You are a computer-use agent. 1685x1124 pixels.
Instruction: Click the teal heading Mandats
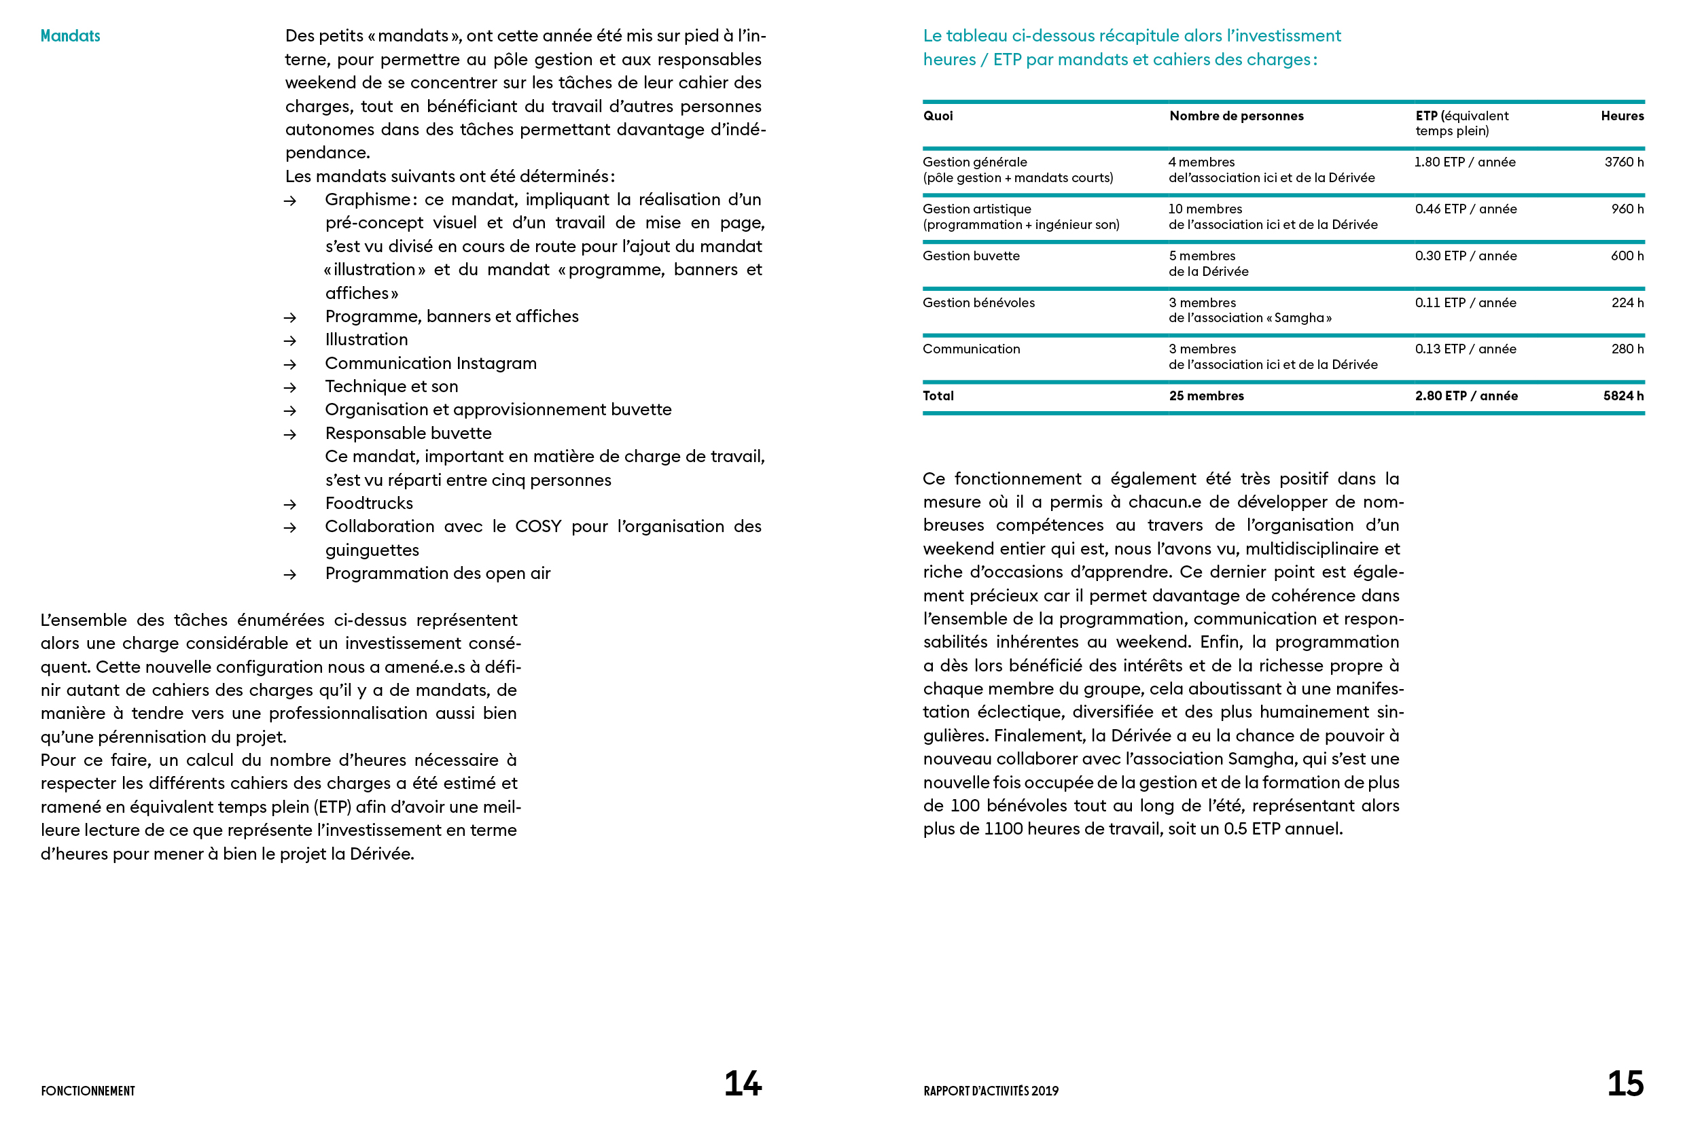[70, 36]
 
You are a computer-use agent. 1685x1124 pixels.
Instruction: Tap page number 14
[743, 1083]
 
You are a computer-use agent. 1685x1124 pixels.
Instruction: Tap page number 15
[1625, 1083]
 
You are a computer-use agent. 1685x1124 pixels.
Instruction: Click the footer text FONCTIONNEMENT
[88, 1091]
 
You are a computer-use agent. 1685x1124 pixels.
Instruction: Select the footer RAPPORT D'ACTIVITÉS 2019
[991, 1091]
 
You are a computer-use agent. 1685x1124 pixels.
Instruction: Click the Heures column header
[1622, 116]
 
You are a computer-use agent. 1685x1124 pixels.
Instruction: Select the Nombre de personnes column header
[1237, 116]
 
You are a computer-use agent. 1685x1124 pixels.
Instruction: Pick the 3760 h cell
[1623, 162]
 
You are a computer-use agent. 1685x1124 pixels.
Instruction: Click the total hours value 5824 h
[1622, 396]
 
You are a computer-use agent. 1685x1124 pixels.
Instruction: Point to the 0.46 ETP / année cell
[1466, 209]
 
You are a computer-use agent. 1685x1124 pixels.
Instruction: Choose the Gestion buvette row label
[971, 256]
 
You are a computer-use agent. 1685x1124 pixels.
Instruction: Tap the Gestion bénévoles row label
[978, 302]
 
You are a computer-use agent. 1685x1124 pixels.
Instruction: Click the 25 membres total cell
[1206, 396]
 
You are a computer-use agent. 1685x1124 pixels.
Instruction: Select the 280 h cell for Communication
[1627, 349]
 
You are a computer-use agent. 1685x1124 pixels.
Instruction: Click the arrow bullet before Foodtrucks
[289, 505]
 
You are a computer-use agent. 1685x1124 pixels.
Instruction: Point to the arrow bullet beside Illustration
[289, 340]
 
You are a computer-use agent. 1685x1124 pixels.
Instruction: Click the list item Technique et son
[391, 387]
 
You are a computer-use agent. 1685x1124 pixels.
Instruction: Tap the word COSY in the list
[538, 526]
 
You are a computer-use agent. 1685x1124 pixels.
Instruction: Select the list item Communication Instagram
[431, 364]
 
